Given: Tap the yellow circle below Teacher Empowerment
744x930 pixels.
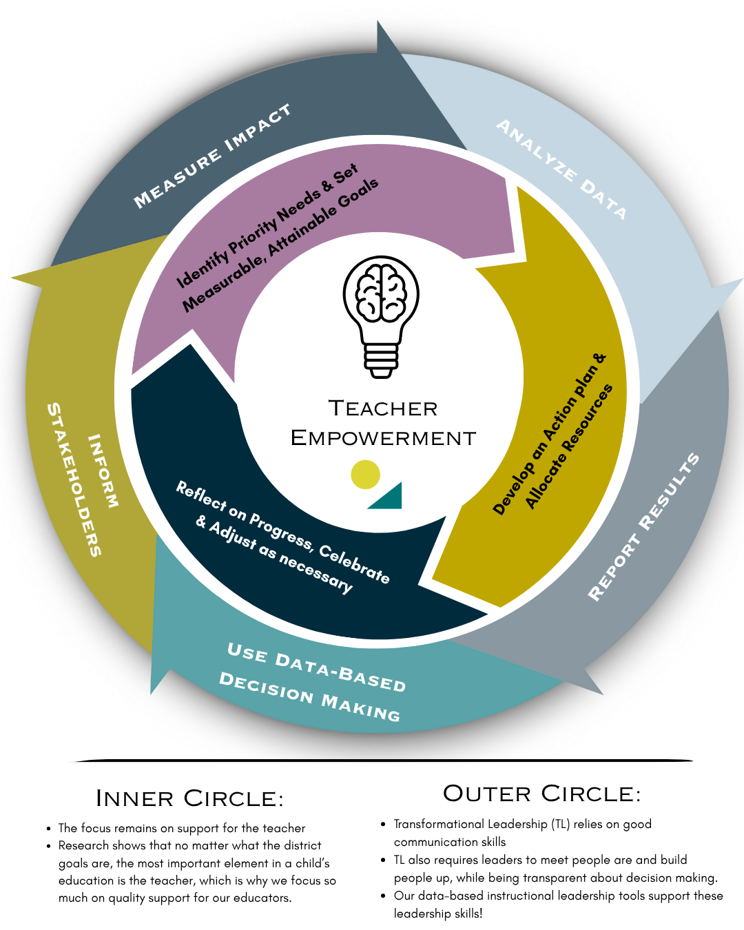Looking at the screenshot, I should pyautogui.click(x=365, y=475).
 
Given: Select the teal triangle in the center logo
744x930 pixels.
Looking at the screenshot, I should pyautogui.click(x=389, y=497).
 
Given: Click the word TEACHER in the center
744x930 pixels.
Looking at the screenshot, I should pyautogui.click(x=383, y=409).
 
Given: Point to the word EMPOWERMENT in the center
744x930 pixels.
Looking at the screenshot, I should pyautogui.click(x=383, y=438).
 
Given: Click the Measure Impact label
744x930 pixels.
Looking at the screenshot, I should pyautogui.click(x=212, y=156).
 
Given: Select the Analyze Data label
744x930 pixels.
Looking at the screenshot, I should pyautogui.click(x=561, y=169).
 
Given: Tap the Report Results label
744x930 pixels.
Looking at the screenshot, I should pyautogui.click(x=643, y=527).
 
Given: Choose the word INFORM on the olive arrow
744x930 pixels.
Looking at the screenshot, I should pyautogui.click(x=103, y=471).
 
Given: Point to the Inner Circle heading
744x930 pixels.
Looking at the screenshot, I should pyautogui.click(x=189, y=798).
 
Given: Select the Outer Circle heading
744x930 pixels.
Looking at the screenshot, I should pyautogui.click(x=541, y=794).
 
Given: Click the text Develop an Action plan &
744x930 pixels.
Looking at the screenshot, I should pyautogui.click(x=549, y=435).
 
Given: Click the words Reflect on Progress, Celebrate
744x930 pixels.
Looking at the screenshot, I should pyautogui.click(x=282, y=531).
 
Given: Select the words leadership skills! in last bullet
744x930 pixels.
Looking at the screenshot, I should pyautogui.click(x=438, y=913).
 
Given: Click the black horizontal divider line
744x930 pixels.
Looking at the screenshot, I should pyautogui.click(x=383, y=761).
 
